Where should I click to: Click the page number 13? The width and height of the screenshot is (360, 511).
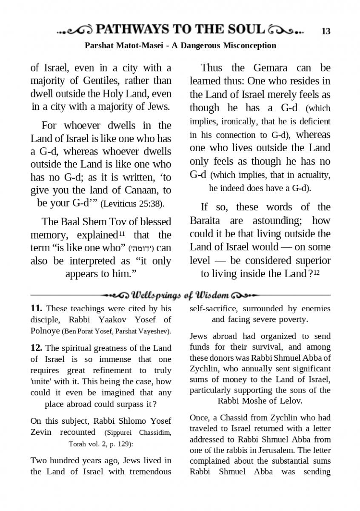point(326,31)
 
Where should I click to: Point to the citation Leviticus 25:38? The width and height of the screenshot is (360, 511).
point(131,204)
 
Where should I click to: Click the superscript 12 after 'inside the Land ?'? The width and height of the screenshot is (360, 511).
point(317,272)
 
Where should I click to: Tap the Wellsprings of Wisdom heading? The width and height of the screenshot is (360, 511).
point(180,295)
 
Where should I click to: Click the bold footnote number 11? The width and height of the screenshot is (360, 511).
point(36,308)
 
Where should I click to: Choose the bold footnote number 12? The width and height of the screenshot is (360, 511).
point(36,348)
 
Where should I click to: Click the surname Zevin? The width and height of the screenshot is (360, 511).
point(41,432)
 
